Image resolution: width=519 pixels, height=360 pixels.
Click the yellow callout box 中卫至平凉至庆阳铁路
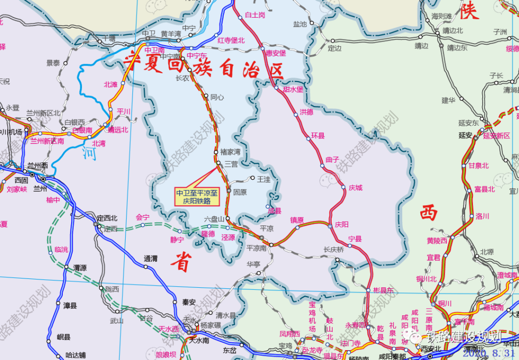coord(197,196)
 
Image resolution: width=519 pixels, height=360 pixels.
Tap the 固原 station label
coord(240,192)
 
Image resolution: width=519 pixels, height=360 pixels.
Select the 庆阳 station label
coord(342,224)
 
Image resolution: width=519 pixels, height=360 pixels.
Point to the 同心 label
coord(217,97)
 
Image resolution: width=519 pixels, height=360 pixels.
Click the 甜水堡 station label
coord(293,89)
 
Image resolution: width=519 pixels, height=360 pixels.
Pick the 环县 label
coord(318,136)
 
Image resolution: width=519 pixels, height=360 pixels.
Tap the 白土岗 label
coord(255,15)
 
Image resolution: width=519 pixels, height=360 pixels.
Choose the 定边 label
coord(335,48)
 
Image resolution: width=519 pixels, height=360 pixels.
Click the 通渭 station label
coord(151,258)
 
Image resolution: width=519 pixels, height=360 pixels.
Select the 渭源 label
coord(80,268)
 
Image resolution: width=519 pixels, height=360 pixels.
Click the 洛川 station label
coord(483,216)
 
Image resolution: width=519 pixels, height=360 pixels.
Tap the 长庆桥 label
coord(334,249)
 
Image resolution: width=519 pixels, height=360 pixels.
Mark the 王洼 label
coord(264,179)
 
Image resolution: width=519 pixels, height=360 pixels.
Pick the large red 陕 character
coord(469,11)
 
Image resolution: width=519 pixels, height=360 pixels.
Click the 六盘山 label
coord(214,219)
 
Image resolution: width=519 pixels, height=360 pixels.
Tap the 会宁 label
coord(142,217)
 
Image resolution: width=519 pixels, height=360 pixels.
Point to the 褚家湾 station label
coord(230,152)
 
